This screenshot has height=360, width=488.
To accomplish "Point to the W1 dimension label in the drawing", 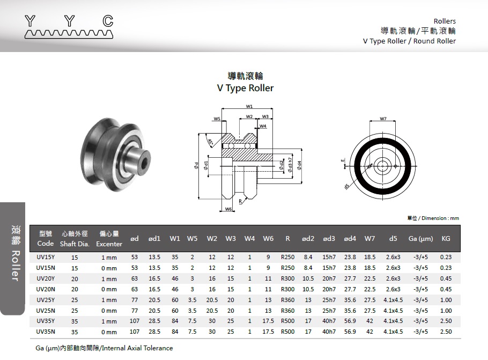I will point(249,106).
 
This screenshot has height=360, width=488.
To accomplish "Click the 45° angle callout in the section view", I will point(210,142).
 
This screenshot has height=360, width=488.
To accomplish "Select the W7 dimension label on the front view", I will point(383,119).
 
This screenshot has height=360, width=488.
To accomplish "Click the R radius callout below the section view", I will point(241,201).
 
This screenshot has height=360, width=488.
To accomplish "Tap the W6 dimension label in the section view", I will point(228,209).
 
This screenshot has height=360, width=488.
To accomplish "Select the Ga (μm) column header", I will point(420,238).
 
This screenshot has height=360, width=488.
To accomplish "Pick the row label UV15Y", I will point(45,257).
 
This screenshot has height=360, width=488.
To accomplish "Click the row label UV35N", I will point(45,332).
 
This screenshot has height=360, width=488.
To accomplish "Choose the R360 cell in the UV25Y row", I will point(287,300).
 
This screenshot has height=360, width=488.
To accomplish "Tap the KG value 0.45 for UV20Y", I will point(446,278).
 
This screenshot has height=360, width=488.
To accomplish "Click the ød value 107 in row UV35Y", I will point(134,321).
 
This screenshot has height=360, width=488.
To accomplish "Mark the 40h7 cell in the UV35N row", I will point(329,332).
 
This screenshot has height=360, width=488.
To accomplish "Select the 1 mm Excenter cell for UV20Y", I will point(109,278).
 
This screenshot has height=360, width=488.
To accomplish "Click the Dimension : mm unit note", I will point(433,218).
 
